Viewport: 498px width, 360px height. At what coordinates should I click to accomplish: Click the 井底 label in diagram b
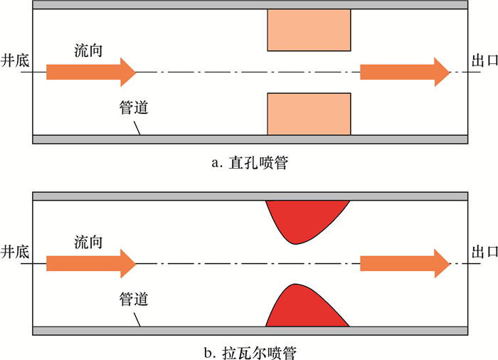[16, 252]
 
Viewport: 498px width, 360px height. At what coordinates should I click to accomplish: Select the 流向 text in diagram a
[89, 51]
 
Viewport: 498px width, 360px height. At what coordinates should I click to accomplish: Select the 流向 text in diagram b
[89, 242]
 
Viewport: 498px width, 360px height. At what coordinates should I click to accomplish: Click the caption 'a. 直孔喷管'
[249, 163]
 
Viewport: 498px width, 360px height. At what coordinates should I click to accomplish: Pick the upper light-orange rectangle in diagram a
[309, 30]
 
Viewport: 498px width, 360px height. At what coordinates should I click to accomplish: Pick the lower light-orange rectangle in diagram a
[309, 114]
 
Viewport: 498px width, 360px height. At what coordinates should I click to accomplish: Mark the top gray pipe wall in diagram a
[249, 5]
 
